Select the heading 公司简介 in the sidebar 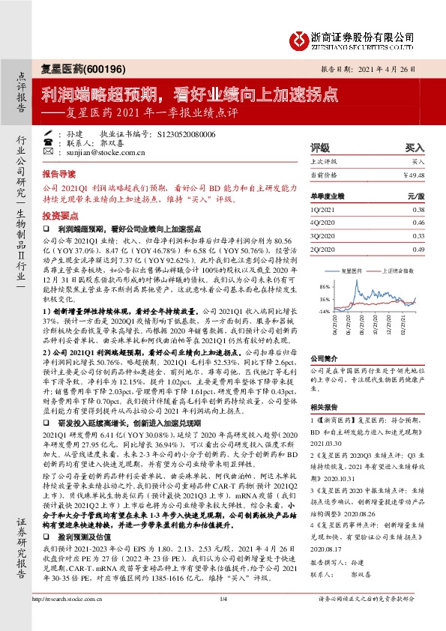click(x=324, y=359)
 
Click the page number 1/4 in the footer click(x=223, y=619)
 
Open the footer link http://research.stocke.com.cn click(x=70, y=619)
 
